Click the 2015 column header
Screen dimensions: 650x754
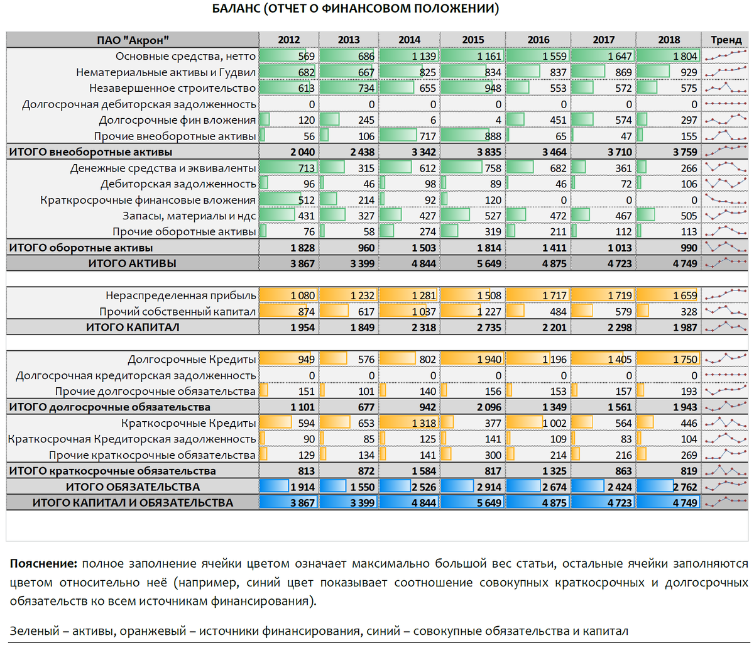[473, 40]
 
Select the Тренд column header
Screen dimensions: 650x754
[726, 40]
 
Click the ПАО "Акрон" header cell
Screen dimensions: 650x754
[133, 40]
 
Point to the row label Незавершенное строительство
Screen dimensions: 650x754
[172, 88]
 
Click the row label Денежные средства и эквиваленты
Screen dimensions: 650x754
[163, 168]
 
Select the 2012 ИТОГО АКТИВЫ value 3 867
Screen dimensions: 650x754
[302, 263]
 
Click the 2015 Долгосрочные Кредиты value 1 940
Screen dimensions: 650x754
[489, 359]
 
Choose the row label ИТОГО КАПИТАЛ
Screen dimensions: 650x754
[133, 327]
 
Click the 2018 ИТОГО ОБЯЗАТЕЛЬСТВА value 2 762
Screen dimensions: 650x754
[684, 487]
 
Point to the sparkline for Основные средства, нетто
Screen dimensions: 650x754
[726, 56]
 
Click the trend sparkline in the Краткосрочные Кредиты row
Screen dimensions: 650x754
[726, 423]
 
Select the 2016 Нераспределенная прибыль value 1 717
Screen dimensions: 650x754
[554, 295]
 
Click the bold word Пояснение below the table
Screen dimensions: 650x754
[43, 563]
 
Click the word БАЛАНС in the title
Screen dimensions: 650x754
[236, 9]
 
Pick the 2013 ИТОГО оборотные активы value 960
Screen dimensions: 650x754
[367, 248]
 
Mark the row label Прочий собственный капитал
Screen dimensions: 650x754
[177, 311]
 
